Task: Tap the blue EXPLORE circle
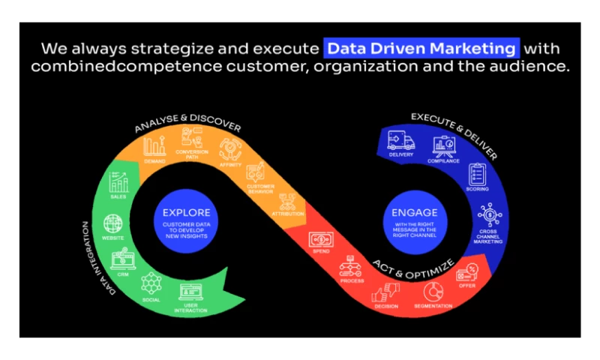(187, 222)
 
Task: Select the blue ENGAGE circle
(414, 222)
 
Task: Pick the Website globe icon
(113, 223)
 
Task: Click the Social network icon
(151, 283)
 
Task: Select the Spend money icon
(320, 240)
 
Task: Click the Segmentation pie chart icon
(433, 291)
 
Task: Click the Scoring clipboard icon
(477, 175)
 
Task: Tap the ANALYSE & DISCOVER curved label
(187, 125)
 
